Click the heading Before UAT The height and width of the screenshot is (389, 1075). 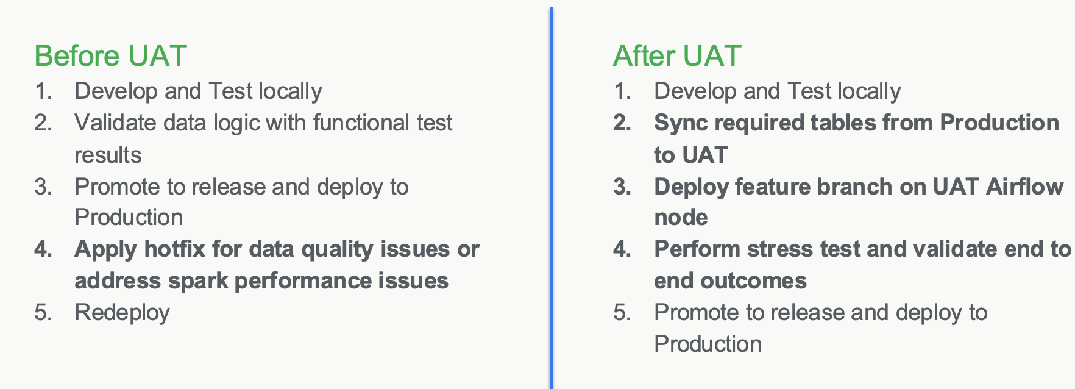click(x=110, y=55)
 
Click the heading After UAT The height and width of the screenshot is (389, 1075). click(x=677, y=55)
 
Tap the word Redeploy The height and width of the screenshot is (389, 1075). click(x=122, y=313)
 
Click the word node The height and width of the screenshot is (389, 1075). click(x=681, y=218)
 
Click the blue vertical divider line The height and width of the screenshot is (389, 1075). click(x=552, y=198)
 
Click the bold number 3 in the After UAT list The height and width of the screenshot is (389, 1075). click(x=622, y=187)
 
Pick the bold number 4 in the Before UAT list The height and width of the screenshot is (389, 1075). click(x=43, y=249)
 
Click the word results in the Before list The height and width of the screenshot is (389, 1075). click(x=108, y=155)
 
